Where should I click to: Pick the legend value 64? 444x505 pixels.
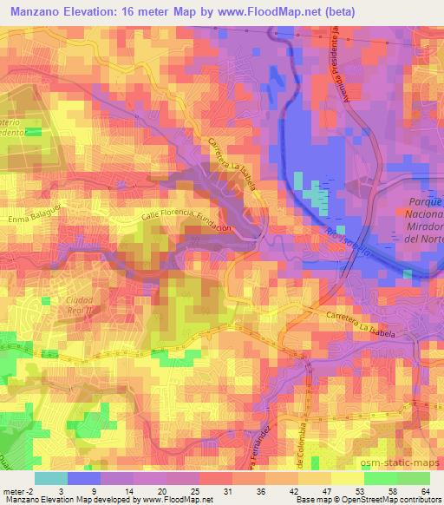point(424,492)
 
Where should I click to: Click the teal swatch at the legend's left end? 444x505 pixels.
point(50,478)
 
